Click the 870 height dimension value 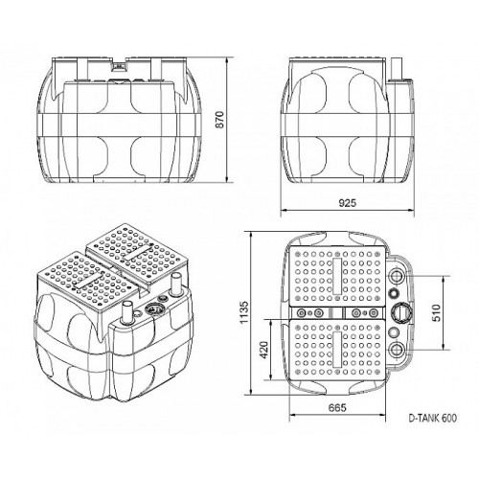click(220, 120)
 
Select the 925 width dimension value click(347, 202)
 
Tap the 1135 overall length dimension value click(243, 312)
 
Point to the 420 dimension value click(263, 350)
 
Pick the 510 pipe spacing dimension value click(436, 312)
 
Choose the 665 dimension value click(337, 407)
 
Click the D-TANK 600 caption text click(433, 418)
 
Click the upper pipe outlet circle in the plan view click(397, 276)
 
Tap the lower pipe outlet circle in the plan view click(397, 350)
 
